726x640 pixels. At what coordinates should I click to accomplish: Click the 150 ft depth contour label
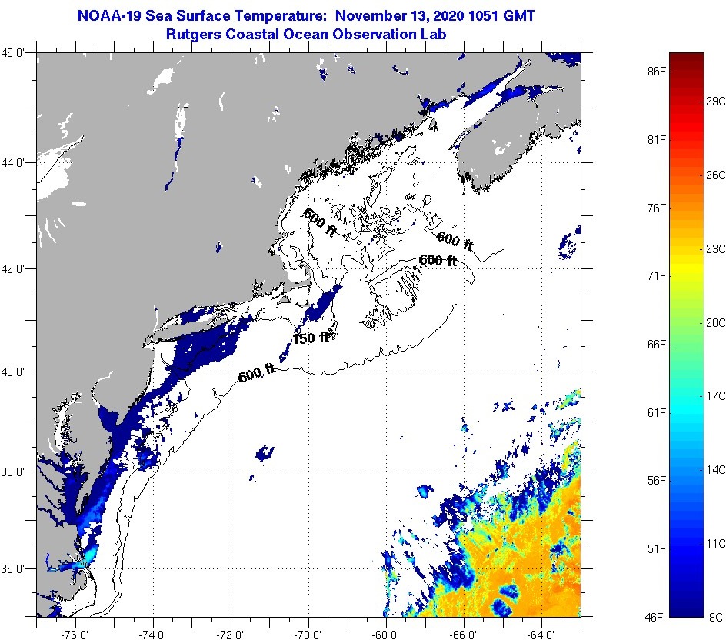tap(311, 338)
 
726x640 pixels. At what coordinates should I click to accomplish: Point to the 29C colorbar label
tap(716, 101)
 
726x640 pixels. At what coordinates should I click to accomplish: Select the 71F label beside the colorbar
tap(656, 275)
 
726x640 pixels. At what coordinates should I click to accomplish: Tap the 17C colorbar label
tap(716, 395)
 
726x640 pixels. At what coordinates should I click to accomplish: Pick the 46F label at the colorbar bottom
tap(656, 617)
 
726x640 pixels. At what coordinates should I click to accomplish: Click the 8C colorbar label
tap(715, 617)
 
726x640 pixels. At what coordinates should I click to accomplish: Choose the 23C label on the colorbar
tap(716, 248)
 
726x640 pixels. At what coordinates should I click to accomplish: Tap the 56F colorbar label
tap(656, 481)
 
